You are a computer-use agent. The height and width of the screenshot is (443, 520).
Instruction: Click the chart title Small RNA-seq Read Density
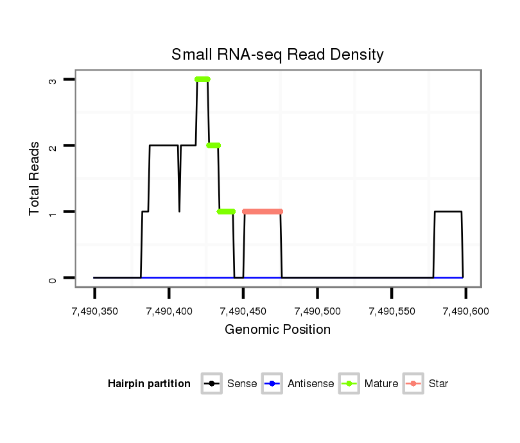point(277,55)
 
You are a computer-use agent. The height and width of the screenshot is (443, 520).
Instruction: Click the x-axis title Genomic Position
point(277,330)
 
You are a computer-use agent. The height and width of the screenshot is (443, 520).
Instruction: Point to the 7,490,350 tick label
point(94,311)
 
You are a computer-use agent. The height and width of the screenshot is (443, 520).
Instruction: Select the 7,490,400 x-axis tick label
point(169,311)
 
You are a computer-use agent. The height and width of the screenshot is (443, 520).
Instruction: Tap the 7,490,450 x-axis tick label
point(243,311)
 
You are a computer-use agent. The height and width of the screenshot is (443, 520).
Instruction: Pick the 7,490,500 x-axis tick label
point(318,311)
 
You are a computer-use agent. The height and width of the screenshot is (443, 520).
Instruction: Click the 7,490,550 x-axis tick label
point(392,311)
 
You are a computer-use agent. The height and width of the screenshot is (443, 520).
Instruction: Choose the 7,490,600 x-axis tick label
point(465,311)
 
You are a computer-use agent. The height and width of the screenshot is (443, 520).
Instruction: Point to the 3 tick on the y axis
point(54,80)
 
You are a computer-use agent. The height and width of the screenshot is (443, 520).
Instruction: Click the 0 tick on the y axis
point(54,278)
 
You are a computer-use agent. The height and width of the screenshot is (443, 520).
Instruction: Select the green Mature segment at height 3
point(203,80)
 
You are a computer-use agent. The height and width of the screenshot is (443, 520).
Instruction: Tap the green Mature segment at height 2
point(214,146)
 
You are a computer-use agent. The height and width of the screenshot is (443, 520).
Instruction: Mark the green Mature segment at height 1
point(226,211)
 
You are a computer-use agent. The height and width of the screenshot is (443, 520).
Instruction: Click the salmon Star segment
point(263,211)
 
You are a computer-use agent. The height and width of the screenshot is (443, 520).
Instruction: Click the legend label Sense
point(242,384)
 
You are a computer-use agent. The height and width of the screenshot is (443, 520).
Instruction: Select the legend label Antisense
point(311,384)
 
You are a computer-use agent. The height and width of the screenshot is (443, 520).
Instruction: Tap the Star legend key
point(414,384)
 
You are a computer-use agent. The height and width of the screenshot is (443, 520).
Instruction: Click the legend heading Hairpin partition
point(149,384)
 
